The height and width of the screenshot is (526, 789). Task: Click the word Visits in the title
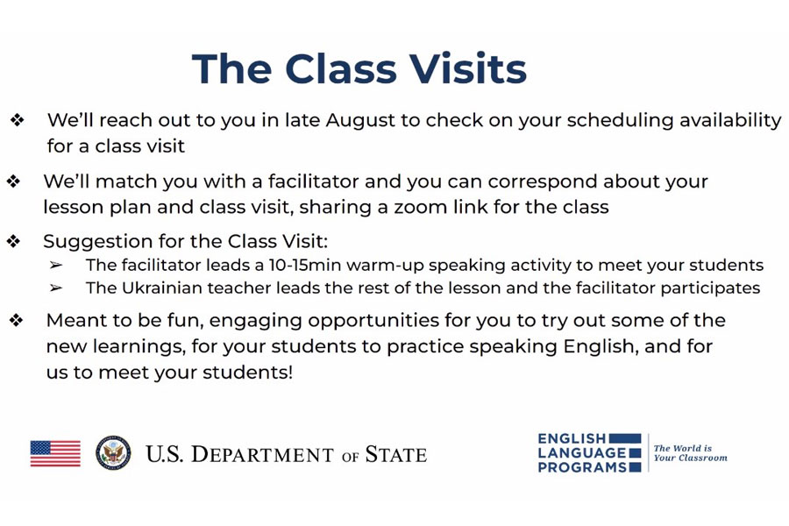467,68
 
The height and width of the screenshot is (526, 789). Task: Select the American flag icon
55,453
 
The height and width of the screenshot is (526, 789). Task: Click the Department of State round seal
113,453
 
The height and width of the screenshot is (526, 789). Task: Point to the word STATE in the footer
396,454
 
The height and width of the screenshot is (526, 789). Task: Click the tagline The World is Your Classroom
690,453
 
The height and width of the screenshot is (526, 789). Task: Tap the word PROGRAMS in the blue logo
582,467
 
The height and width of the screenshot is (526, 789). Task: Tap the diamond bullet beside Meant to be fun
16,320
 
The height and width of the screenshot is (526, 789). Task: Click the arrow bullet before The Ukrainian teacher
56,288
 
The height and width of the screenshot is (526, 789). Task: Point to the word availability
730,121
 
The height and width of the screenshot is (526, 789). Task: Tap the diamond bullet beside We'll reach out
18,120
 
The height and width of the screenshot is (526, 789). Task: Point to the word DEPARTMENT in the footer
262,454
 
